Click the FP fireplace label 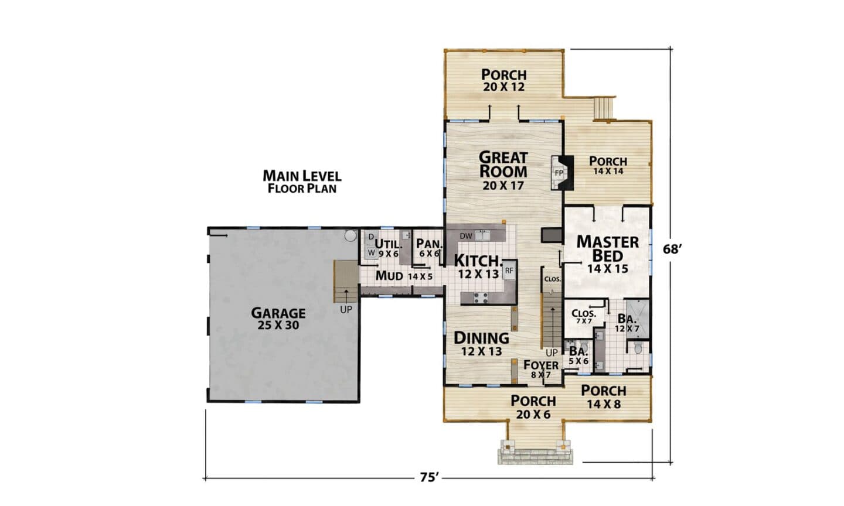[559, 173]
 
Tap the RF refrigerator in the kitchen [509, 269]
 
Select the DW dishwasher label [466, 236]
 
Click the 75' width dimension [430, 477]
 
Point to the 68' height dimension [673, 249]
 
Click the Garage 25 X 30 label [278, 319]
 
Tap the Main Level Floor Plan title [302, 182]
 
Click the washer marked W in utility [372, 252]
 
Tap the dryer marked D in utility [371, 237]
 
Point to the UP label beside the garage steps [346, 310]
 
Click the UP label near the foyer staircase [552, 353]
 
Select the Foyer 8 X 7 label [541, 369]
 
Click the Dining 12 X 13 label [482, 343]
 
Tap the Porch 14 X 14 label [608, 165]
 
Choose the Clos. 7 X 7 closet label [584, 317]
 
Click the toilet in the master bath [638, 347]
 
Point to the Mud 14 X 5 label [404, 276]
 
